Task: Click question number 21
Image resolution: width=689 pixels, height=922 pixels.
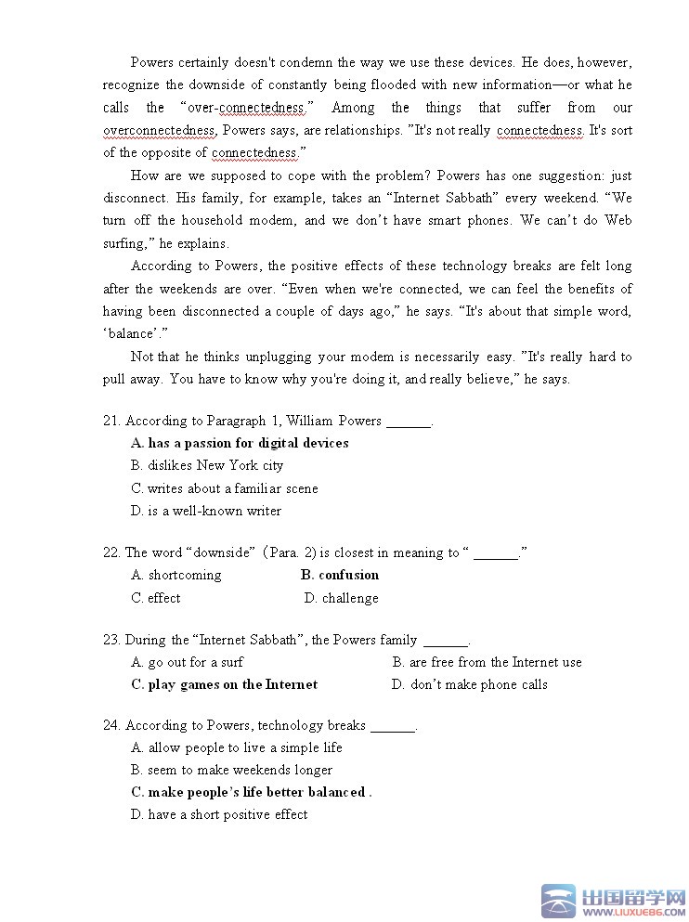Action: coord(111,421)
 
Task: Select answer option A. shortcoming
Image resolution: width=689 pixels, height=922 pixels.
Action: coord(176,575)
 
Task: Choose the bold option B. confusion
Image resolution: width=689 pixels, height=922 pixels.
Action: coord(340,575)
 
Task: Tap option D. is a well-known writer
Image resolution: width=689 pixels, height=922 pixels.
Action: coord(206,511)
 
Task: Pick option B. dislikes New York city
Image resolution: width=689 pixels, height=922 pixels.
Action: coord(207,465)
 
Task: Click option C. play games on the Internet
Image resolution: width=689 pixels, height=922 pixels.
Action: coord(225,684)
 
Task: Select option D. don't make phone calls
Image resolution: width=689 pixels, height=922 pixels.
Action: coord(470,684)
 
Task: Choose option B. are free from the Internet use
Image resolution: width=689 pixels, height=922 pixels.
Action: coord(487,662)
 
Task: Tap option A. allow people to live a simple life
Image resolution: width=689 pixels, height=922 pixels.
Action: coord(237,747)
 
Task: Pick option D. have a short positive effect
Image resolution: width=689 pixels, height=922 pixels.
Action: coord(219,814)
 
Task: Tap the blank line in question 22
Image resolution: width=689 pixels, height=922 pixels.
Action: coord(496,553)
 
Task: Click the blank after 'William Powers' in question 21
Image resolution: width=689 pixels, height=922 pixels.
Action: coord(409,422)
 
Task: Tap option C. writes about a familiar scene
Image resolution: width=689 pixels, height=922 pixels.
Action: coord(225,488)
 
